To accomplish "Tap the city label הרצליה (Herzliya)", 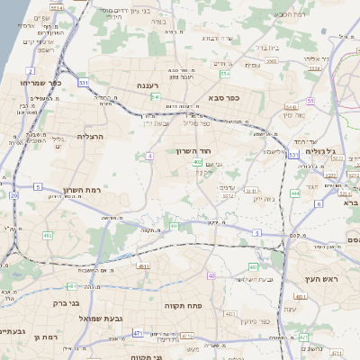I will tap(92, 136).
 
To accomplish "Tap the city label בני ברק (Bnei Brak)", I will tap(61, 304).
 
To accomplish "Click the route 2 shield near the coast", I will tap(31, 70).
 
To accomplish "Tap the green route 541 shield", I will tap(157, 96).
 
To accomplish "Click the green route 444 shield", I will tap(295, 193).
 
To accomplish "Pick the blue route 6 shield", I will tap(319, 204).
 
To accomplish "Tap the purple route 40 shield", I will tap(211, 275).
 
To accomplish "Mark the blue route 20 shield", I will tap(14, 195).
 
